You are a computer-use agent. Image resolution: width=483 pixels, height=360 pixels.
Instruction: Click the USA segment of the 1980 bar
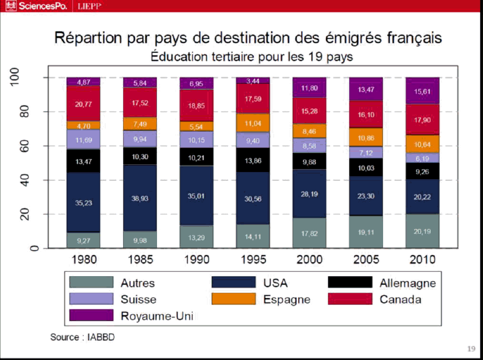pos(83,202)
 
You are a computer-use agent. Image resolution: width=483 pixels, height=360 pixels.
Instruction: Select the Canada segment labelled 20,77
pos(83,104)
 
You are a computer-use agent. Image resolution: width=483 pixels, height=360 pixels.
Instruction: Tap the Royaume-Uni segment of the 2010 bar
pos(422,91)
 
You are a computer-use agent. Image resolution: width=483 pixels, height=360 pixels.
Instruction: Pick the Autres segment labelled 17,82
pos(309,233)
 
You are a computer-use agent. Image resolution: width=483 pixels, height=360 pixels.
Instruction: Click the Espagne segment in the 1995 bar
pos(253,123)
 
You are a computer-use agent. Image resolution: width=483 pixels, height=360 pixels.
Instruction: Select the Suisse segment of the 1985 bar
pos(140,139)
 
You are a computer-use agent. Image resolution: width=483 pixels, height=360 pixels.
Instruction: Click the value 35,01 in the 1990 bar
pos(196,195)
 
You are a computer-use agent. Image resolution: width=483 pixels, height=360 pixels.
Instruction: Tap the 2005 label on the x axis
pos(366,259)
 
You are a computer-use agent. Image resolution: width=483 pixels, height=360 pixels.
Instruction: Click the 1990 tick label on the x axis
pos(196,259)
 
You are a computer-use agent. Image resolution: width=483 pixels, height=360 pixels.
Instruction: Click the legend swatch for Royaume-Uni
pos(91,315)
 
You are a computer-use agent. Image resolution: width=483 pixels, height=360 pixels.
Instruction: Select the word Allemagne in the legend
pos(407,283)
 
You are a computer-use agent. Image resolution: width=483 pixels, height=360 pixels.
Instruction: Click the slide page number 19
pos(471,349)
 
